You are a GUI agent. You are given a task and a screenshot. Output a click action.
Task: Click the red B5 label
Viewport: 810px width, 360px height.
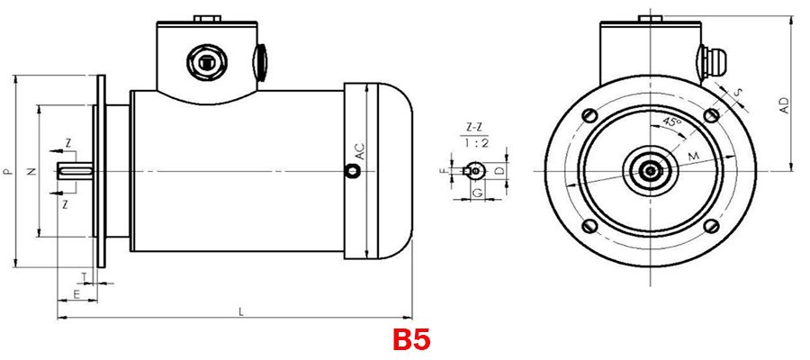pyautogui.click(x=410, y=340)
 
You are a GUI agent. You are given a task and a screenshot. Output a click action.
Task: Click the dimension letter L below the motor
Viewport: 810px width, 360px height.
pyautogui.click(x=240, y=310)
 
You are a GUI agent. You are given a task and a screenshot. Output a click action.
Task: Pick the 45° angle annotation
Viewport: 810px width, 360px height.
pyautogui.click(x=670, y=121)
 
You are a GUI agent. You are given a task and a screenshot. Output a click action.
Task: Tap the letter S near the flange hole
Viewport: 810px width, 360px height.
pyautogui.click(x=739, y=92)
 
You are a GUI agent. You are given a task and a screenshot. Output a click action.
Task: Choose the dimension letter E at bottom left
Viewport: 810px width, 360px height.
pyautogui.click(x=76, y=293)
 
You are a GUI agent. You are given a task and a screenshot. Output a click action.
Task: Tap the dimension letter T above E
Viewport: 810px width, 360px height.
pyautogui.click(x=85, y=276)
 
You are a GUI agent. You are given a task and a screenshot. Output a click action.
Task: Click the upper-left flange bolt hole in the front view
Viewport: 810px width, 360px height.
pyautogui.click(x=589, y=114)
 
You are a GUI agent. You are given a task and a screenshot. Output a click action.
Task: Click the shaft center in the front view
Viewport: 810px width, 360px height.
pyautogui.click(x=649, y=170)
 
